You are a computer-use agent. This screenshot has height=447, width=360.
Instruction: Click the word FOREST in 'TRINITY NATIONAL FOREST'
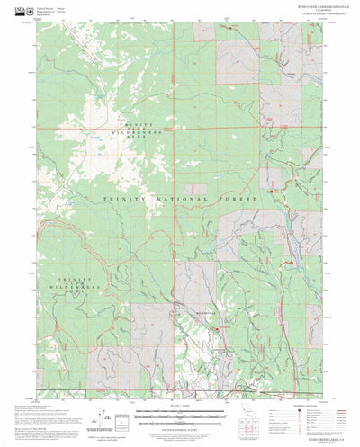242,198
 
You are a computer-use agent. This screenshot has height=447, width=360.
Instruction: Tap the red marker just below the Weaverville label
217,329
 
